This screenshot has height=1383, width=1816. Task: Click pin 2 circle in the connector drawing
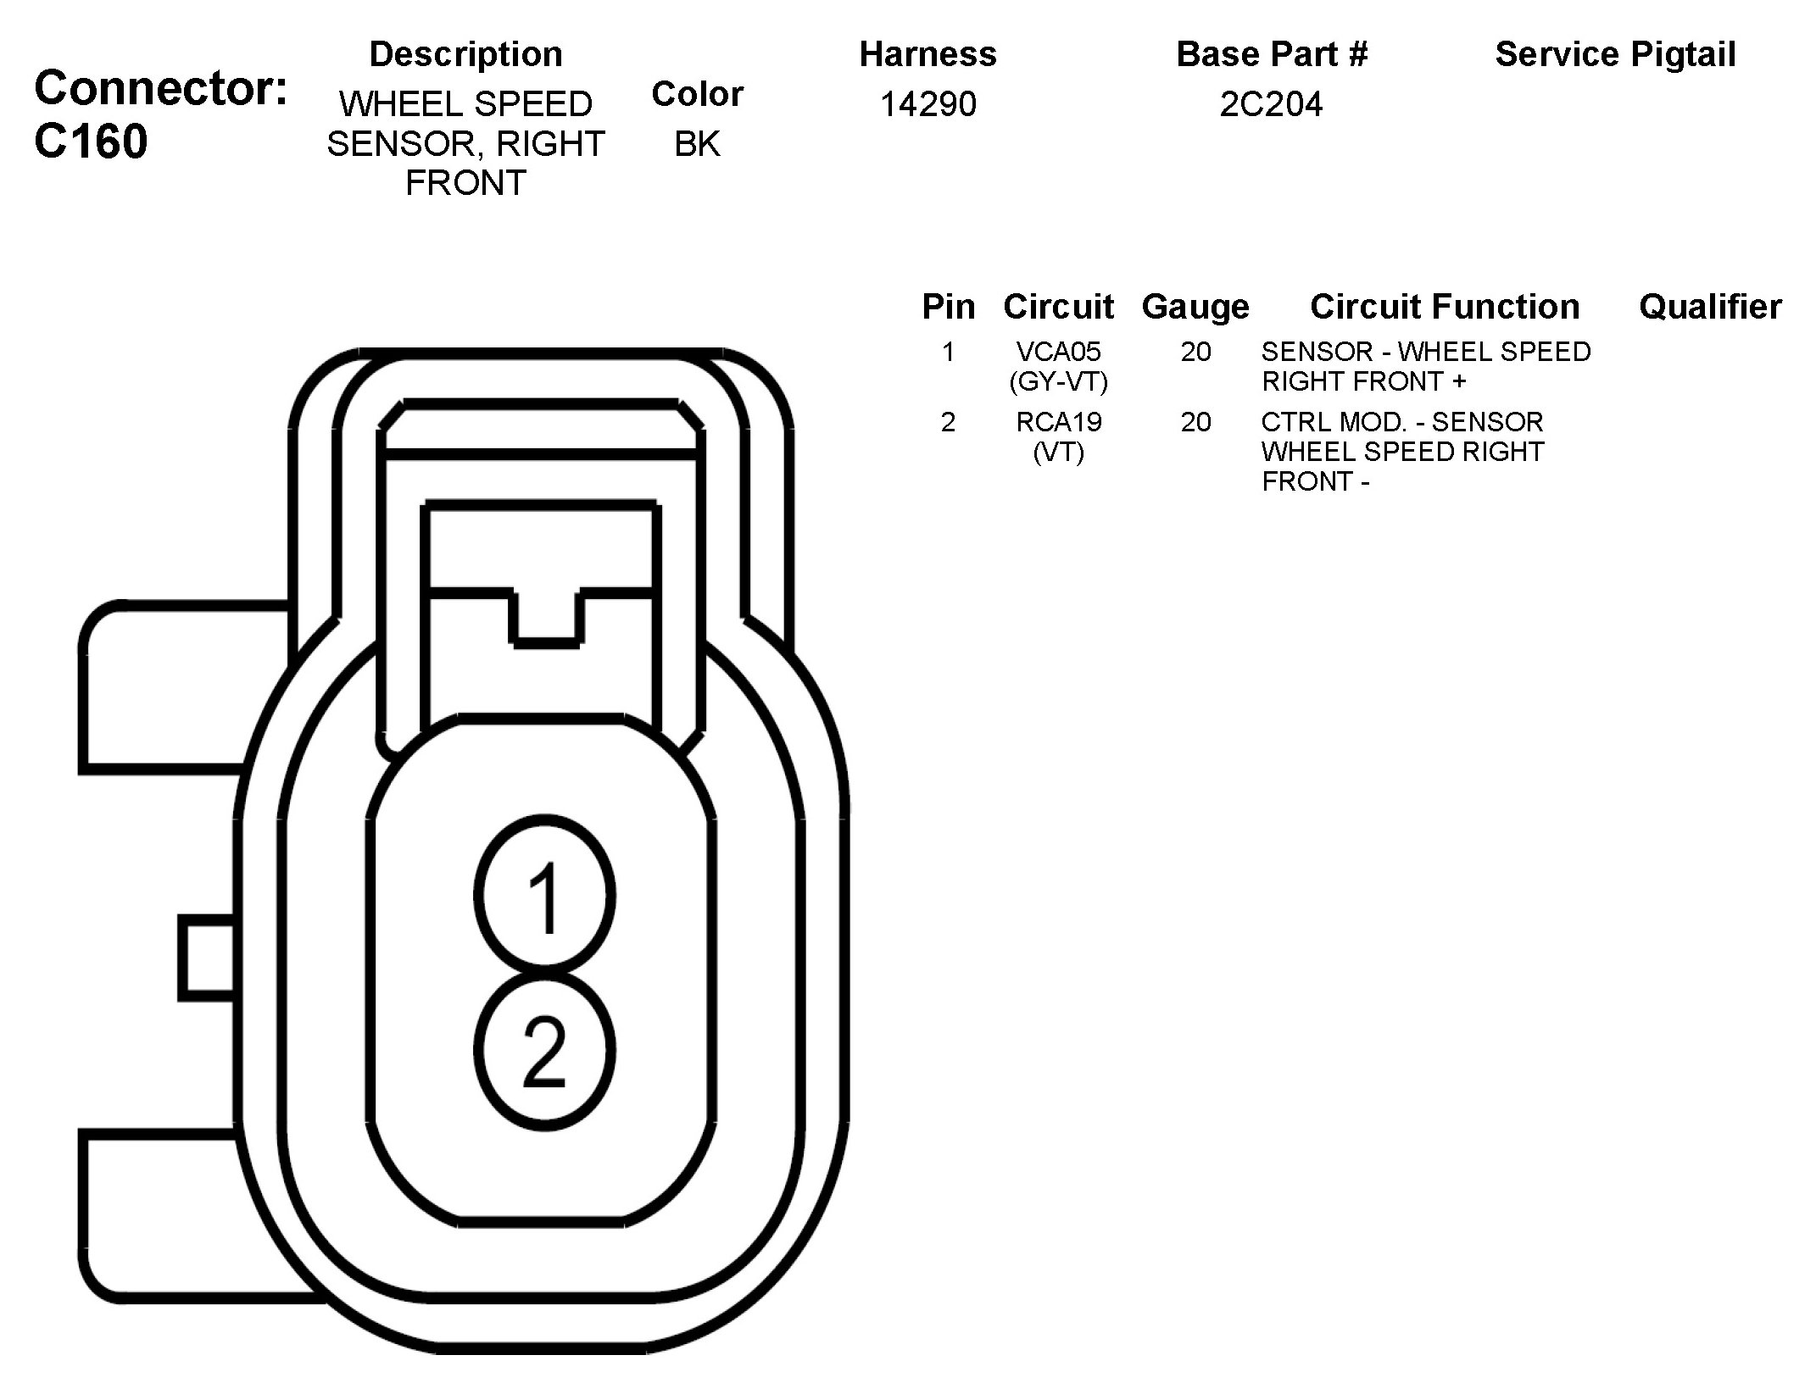(544, 1051)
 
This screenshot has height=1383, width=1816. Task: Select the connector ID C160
(91, 141)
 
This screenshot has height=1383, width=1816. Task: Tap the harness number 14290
(927, 104)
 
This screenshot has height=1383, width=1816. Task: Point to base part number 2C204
(1271, 104)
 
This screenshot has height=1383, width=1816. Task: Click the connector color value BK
(697, 144)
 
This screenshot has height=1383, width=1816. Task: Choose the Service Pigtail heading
(1615, 54)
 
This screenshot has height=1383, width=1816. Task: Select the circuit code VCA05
(1058, 352)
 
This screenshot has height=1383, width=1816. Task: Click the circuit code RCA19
(1058, 422)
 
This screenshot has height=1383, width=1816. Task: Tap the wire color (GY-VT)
(1058, 382)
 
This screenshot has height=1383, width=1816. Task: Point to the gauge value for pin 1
(1195, 352)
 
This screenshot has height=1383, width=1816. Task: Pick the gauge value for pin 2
(1195, 422)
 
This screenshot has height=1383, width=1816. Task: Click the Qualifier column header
(1710, 307)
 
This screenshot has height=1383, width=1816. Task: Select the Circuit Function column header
(1445, 307)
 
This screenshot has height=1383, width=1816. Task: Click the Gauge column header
(1195, 307)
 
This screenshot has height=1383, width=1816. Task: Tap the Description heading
(465, 54)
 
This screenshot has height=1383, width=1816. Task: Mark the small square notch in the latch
(547, 617)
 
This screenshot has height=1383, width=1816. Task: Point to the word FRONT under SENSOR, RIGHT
(465, 183)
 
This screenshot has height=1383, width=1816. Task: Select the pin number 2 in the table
(948, 422)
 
